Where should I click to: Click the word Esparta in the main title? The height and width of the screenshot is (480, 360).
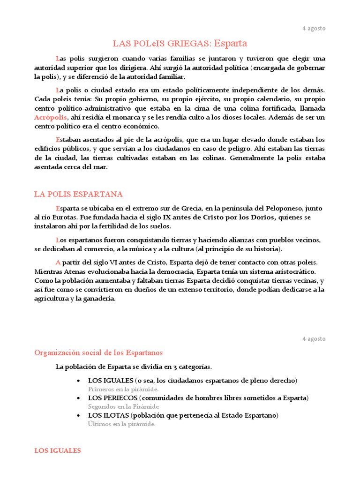click(x=230, y=44)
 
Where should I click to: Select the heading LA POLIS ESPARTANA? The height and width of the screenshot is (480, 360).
click(x=78, y=194)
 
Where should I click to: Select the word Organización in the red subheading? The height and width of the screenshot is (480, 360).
click(x=56, y=352)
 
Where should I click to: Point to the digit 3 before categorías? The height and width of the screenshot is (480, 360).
click(x=172, y=366)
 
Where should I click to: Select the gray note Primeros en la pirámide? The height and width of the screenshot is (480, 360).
click(x=123, y=389)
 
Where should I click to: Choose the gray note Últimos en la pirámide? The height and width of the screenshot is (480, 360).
click(x=121, y=424)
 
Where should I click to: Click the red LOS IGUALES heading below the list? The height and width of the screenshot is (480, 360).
click(x=57, y=450)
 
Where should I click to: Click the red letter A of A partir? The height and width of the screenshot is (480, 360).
click(x=58, y=262)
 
